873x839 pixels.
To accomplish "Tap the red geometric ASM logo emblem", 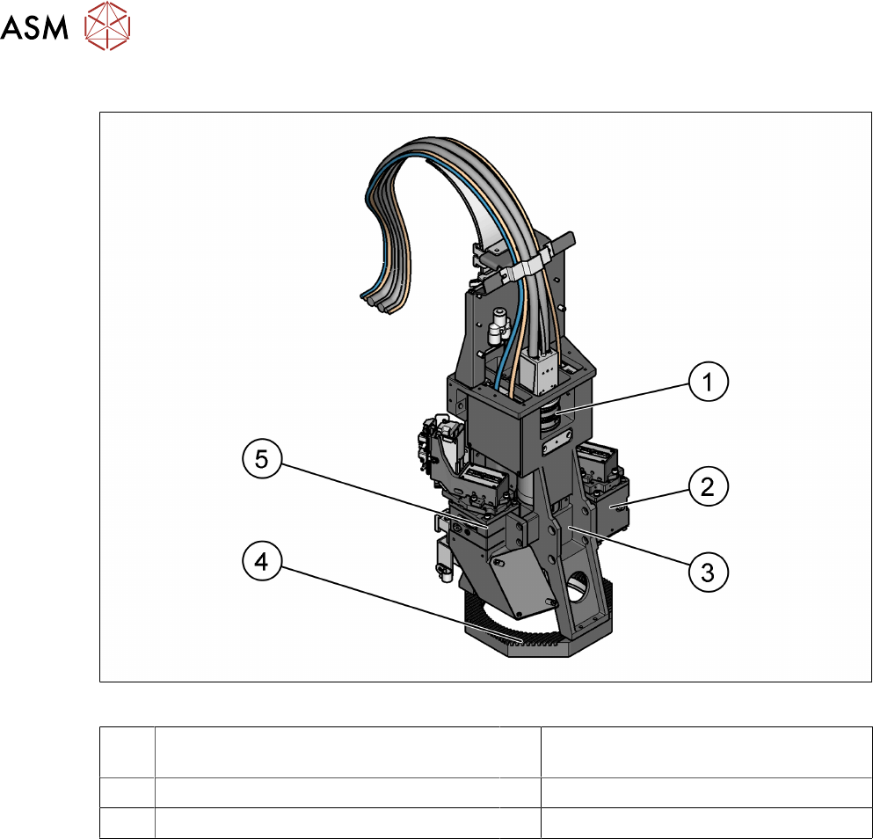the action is coord(107,26).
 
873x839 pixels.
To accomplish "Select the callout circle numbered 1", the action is coord(709,382).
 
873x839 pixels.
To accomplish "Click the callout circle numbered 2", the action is coord(709,485).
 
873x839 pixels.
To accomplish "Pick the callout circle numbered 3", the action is coord(709,571).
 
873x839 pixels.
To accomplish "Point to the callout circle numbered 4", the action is coord(262,561).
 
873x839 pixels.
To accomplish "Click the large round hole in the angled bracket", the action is coord(579,585).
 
